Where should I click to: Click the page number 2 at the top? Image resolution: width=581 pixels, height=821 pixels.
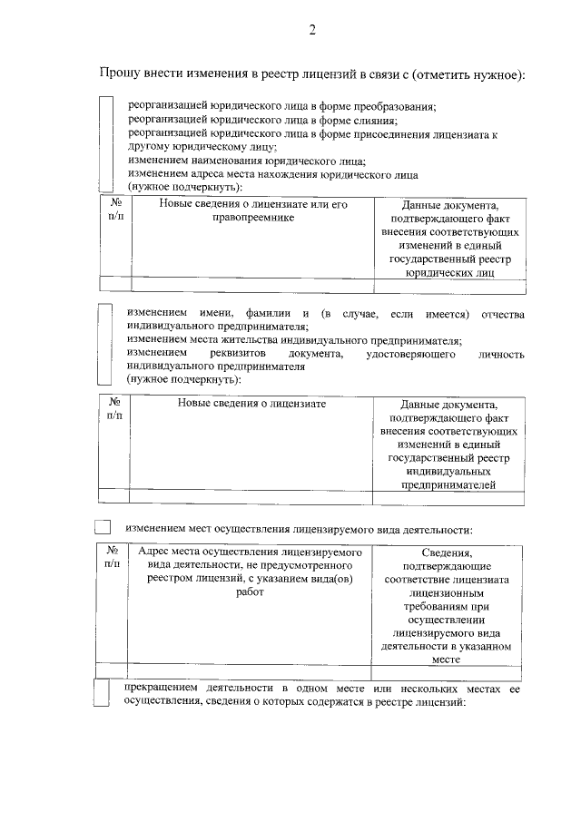311,31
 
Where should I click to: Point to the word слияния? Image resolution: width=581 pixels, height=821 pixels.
371,120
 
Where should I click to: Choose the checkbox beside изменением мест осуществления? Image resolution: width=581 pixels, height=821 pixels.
103,526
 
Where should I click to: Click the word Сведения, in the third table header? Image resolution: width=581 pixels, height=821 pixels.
448,552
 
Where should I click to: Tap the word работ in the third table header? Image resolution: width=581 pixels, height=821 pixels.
250,592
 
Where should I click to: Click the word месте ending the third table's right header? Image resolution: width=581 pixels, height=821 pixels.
448,660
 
